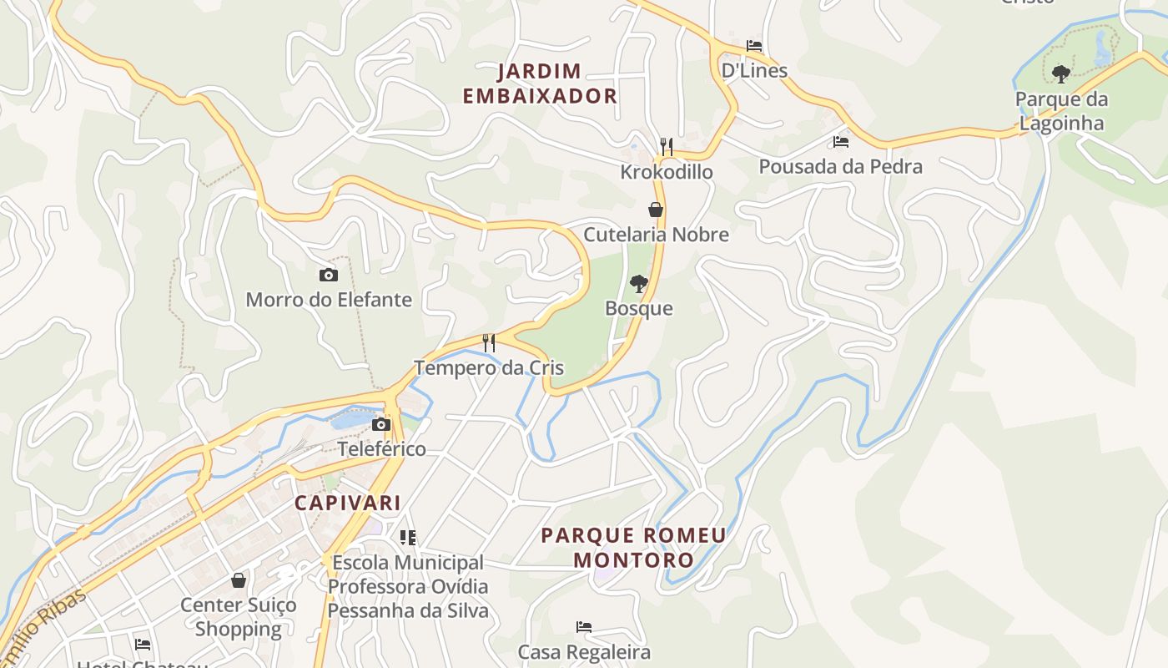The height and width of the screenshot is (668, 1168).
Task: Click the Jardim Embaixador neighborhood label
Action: [540, 83]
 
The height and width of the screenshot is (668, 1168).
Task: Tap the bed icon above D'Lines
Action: [754, 46]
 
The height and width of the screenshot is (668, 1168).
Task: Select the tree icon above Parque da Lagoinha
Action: [1061, 74]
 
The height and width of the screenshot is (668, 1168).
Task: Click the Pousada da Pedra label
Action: [840, 166]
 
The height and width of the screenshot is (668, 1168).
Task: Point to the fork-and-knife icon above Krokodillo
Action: [666, 147]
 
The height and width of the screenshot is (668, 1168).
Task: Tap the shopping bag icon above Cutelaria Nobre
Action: [656, 210]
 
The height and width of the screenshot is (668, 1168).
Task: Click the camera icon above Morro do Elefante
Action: [329, 275]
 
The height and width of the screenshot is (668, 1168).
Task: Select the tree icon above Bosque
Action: [639, 283]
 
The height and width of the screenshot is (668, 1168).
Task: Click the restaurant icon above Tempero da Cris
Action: [489, 342]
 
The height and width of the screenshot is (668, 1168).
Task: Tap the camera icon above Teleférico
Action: [381, 424]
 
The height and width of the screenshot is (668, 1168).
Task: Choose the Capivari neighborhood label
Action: [347, 503]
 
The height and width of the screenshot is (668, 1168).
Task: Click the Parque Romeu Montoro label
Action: [633, 547]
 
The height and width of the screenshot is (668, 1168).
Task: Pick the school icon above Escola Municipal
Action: [407, 538]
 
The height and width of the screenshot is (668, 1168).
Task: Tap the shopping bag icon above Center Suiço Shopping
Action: [239, 579]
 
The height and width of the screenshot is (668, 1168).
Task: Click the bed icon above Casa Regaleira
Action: [584, 626]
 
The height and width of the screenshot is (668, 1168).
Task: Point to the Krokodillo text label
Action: [666, 172]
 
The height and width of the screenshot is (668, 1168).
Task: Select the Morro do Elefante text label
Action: [329, 299]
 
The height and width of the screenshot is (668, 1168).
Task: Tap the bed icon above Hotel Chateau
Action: [143, 644]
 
